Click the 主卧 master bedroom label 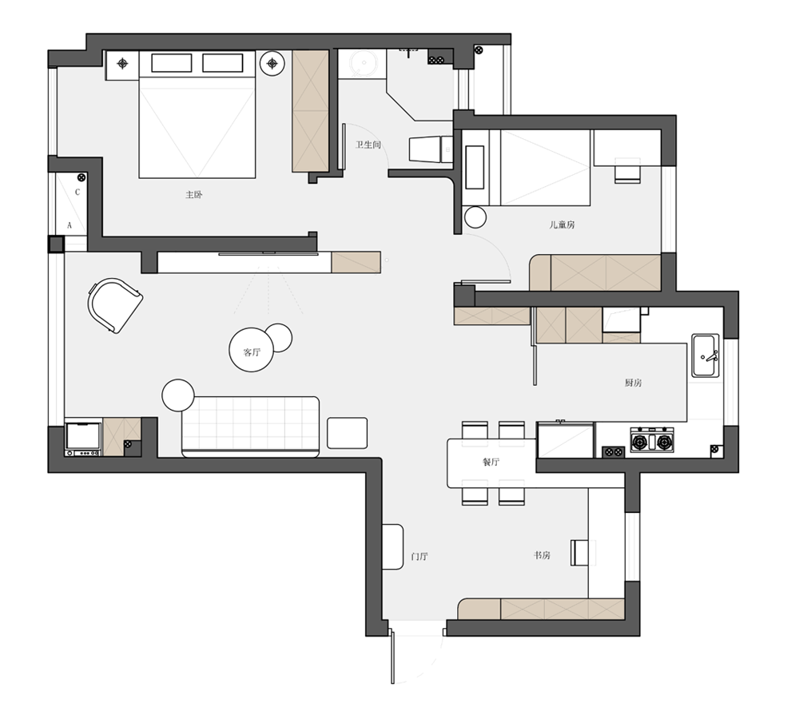(x=193, y=195)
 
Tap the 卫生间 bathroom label (x=368, y=145)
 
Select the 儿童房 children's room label (x=562, y=224)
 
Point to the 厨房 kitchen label (x=634, y=383)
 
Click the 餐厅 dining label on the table (x=491, y=462)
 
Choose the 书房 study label (x=543, y=555)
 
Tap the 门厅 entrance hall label (x=419, y=556)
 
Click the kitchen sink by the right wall (x=706, y=355)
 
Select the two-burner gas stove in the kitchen (x=652, y=440)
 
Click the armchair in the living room (x=114, y=305)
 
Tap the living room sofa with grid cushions (x=250, y=427)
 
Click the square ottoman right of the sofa (x=347, y=433)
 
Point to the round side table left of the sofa (x=178, y=395)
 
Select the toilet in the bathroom (x=431, y=149)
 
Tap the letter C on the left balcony (x=78, y=192)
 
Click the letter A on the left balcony (x=70, y=225)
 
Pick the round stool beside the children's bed (x=475, y=217)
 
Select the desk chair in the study (x=579, y=553)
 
